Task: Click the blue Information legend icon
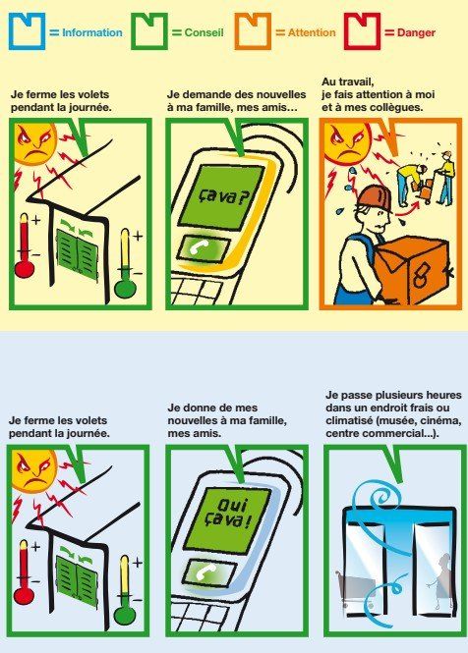pos(27,31)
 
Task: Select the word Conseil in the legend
pos(204,32)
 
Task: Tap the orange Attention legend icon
pos(253,31)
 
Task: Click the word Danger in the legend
pos(416,32)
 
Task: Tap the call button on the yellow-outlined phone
pos(205,249)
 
